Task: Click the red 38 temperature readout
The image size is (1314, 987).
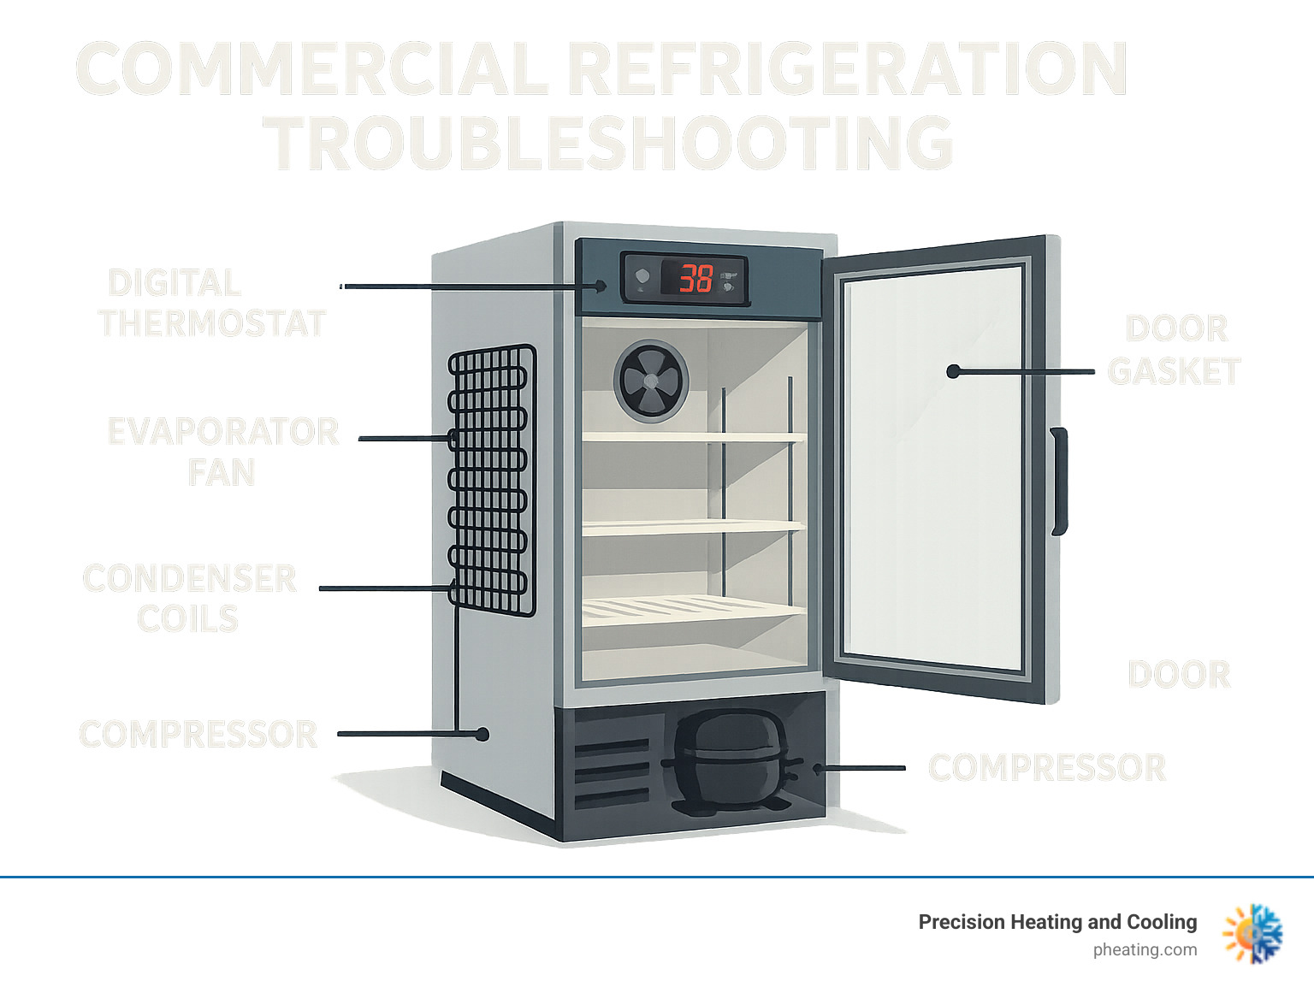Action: click(696, 278)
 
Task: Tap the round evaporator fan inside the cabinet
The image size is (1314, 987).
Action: click(651, 379)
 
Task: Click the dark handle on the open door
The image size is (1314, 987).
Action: click(1059, 481)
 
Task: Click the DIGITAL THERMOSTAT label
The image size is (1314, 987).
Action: click(211, 304)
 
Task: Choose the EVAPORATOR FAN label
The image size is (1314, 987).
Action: click(222, 452)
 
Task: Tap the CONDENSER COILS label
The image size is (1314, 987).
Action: click(189, 599)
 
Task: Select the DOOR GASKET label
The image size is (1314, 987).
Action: click(1175, 350)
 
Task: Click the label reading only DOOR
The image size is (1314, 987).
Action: click(1179, 675)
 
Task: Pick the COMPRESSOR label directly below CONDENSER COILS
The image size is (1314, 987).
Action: click(198, 735)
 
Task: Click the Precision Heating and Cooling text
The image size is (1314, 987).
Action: click(1057, 922)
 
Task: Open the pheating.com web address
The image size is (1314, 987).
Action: click(1145, 949)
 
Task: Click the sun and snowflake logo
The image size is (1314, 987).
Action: click(1253, 934)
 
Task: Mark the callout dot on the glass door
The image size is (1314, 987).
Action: click(953, 371)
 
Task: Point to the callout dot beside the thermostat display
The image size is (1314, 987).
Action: click(602, 287)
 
